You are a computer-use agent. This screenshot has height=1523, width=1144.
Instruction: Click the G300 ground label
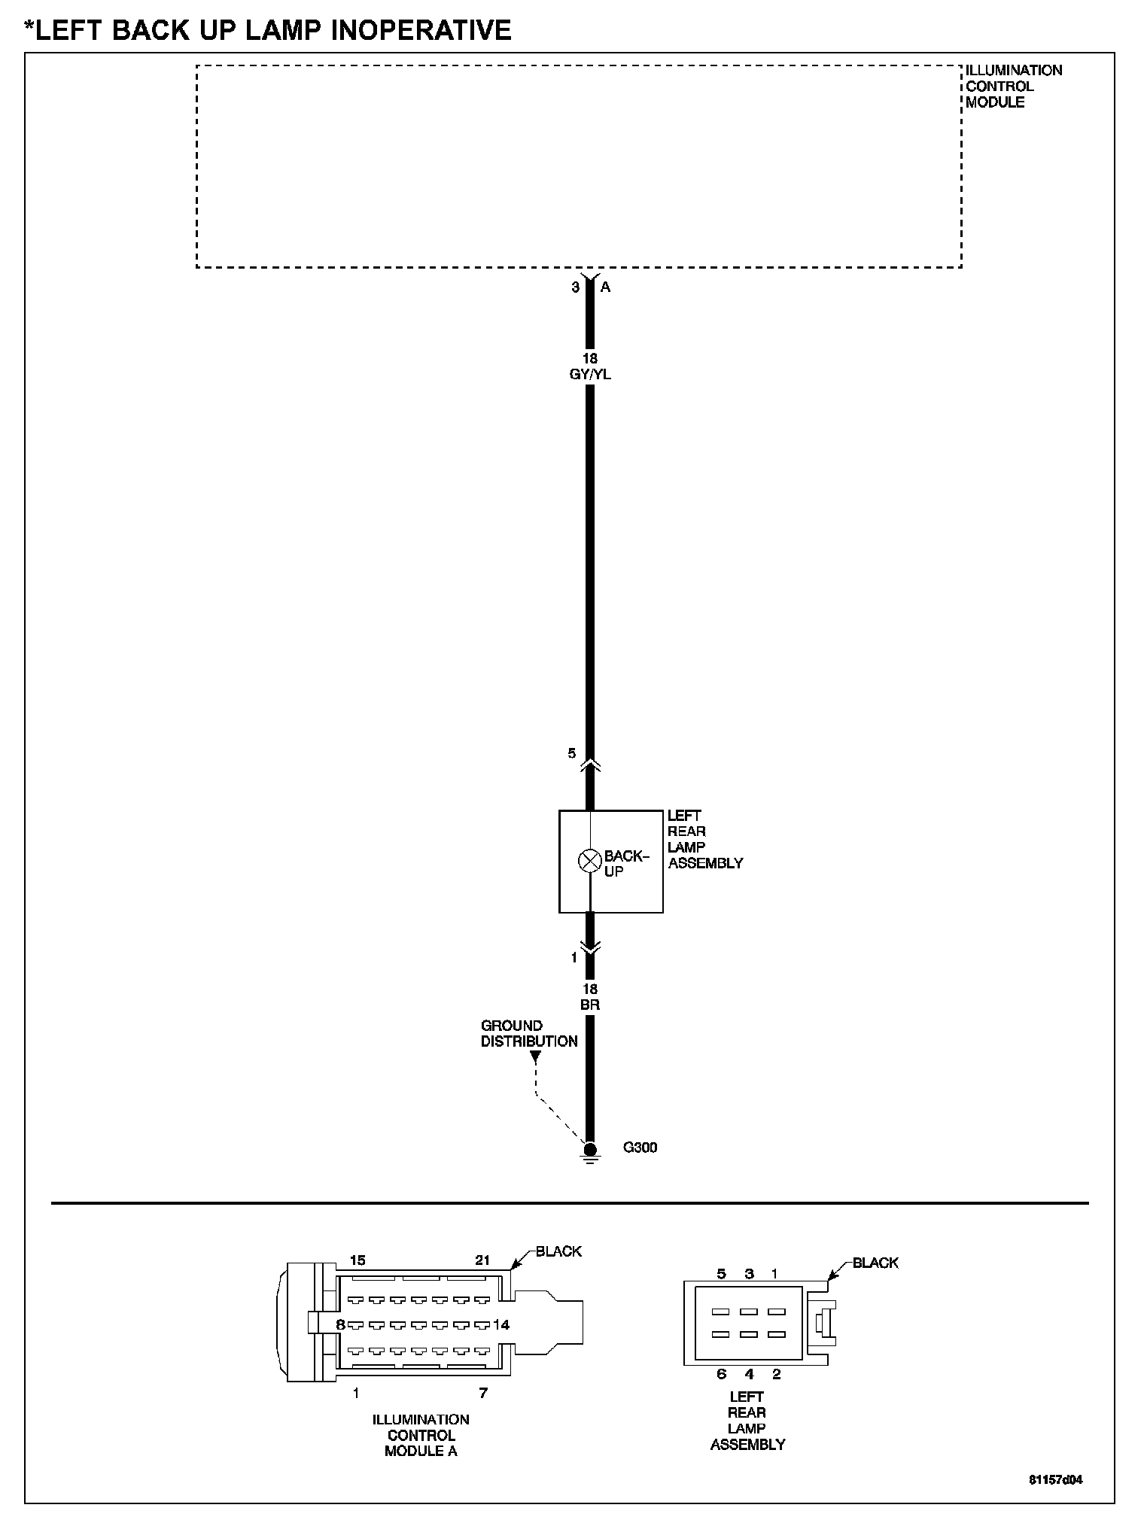pyautogui.click(x=640, y=1148)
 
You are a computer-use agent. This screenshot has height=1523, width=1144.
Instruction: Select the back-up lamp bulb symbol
pyautogui.click(x=589, y=861)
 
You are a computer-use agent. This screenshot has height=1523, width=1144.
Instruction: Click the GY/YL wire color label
pyautogui.click(x=590, y=374)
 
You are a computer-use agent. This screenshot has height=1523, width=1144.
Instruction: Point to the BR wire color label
pyautogui.click(x=590, y=1005)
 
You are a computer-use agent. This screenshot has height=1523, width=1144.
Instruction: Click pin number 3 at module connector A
pyautogui.click(x=576, y=287)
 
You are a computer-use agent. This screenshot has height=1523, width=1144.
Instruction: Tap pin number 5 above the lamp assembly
pyautogui.click(x=572, y=753)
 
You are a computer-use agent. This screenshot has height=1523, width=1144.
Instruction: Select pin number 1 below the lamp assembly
pyautogui.click(x=574, y=958)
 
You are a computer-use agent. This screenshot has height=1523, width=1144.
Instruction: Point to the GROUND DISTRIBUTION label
pyautogui.click(x=529, y=1033)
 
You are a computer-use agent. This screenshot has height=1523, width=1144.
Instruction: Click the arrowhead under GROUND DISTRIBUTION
pyautogui.click(x=534, y=1056)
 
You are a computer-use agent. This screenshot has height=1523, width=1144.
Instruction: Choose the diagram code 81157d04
pyautogui.click(x=1055, y=1479)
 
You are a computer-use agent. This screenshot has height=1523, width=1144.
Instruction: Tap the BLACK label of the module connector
pyautogui.click(x=558, y=1251)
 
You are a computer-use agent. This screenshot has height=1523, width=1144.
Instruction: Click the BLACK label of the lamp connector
pyautogui.click(x=875, y=1263)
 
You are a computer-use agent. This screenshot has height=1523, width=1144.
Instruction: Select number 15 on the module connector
pyautogui.click(x=357, y=1260)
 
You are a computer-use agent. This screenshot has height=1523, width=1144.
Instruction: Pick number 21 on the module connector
pyautogui.click(x=482, y=1260)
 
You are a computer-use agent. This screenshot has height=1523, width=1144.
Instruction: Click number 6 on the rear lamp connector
pyautogui.click(x=721, y=1374)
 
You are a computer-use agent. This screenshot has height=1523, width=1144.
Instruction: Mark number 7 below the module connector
pyautogui.click(x=483, y=1393)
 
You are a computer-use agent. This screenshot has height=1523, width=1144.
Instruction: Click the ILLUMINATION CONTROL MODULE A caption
pyautogui.click(x=421, y=1435)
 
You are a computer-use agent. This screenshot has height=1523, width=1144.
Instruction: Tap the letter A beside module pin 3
pyautogui.click(x=605, y=287)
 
